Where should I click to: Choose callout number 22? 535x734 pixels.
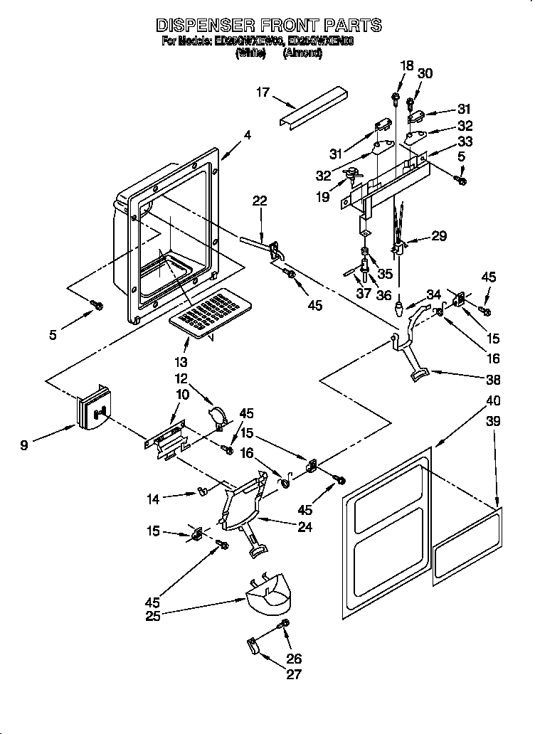260,201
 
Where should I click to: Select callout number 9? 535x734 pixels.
25,446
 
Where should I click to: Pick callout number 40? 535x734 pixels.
492,401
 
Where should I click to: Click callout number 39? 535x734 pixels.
492,421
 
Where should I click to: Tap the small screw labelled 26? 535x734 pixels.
285,624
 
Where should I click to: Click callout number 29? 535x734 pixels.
439,236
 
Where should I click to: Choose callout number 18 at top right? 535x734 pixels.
406,65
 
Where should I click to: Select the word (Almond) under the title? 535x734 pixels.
302,54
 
